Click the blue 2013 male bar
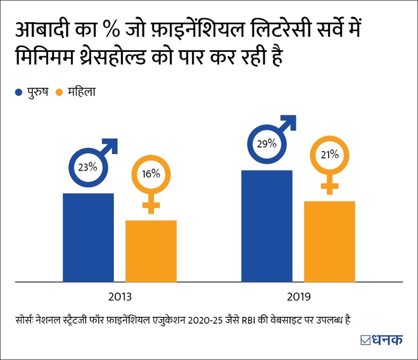point(88,237)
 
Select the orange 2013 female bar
point(151,250)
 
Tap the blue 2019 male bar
point(267,226)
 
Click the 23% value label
point(87,168)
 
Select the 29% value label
point(266,144)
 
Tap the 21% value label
point(328,154)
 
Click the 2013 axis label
point(119,295)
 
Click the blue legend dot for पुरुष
point(18,93)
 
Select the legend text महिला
point(85,93)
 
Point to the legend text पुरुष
point(37,93)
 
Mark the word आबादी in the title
point(42,30)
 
